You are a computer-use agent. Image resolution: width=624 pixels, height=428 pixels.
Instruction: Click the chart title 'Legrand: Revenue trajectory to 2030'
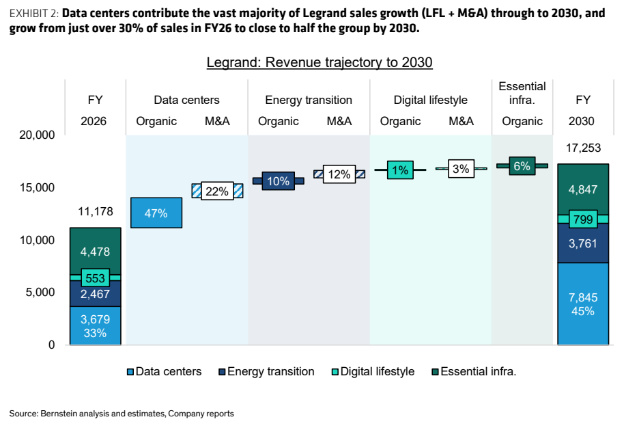[319, 62]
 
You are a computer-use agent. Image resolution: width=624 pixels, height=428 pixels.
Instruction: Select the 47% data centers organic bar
[156, 213]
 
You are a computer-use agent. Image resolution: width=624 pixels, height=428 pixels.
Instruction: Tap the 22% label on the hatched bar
[217, 191]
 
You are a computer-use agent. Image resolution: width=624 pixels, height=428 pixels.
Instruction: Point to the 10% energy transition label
[278, 181]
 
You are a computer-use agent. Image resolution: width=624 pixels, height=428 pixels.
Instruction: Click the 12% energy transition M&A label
[339, 174]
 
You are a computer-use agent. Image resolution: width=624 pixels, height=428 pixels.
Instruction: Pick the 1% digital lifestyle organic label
[400, 170]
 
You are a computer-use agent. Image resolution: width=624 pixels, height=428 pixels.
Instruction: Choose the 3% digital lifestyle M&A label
[461, 169]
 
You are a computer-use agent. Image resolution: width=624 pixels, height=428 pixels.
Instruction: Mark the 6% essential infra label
[522, 165]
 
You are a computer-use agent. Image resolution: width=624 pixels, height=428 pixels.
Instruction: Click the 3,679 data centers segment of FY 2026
[96, 325]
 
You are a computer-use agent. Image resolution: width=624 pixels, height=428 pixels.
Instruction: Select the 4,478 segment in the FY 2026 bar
[96, 252]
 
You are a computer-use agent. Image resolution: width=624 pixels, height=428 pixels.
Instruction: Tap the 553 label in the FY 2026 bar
[95, 278]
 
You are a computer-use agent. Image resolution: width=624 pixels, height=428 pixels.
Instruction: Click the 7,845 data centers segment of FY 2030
[583, 304]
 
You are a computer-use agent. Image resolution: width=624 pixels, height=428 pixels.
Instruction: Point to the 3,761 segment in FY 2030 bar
[583, 243]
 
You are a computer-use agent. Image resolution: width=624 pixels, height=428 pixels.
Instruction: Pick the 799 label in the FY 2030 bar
[583, 219]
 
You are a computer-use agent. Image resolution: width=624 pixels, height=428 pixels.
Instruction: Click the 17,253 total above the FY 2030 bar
[583, 148]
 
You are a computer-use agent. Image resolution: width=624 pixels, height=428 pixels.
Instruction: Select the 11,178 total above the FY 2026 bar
[96, 211]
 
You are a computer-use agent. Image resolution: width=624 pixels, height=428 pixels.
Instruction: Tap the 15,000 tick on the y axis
[37, 187]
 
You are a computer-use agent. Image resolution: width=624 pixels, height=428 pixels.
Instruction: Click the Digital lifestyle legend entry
[373, 371]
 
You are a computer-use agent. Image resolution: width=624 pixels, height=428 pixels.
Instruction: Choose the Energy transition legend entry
[267, 371]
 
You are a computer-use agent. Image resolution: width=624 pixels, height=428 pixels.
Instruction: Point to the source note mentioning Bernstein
[122, 414]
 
